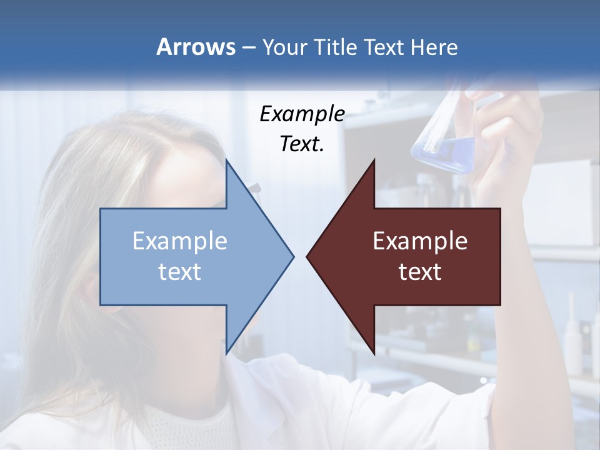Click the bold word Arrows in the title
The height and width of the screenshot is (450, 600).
[x=196, y=47]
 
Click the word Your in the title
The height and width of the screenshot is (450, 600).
[x=284, y=47]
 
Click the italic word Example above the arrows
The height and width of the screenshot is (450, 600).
[x=302, y=114]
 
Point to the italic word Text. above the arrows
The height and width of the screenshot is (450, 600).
[x=302, y=144]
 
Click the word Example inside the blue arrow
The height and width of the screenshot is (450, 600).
[x=180, y=241]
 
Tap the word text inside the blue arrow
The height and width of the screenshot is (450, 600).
[x=180, y=271]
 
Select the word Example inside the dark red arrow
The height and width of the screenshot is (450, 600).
[x=420, y=241]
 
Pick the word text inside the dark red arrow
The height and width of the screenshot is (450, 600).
[x=420, y=271]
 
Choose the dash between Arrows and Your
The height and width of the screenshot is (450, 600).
[x=247, y=47]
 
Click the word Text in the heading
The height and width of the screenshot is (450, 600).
[x=384, y=47]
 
